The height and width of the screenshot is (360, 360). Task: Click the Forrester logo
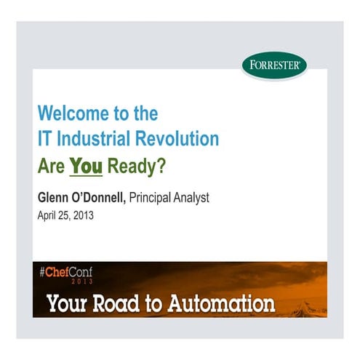tap(274, 64)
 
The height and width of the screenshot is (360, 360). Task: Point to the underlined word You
tap(86, 167)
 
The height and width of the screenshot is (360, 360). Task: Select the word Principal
tap(155, 197)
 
